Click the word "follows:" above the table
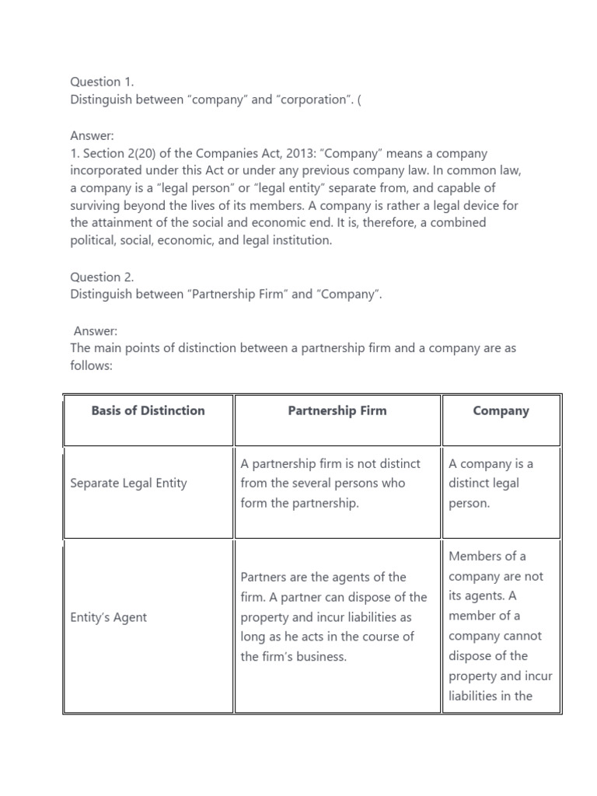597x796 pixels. (92, 365)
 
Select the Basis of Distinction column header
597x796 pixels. (148, 410)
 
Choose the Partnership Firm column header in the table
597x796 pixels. (337, 410)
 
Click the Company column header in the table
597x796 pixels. (501, 410)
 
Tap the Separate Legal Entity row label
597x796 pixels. (128, 483)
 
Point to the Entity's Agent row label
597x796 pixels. (108, 617)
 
